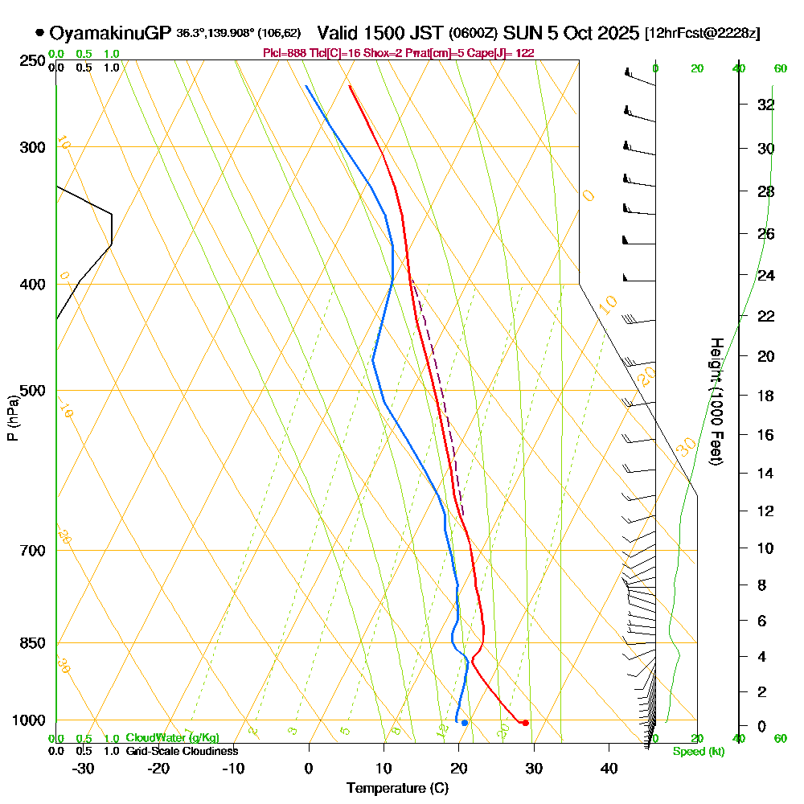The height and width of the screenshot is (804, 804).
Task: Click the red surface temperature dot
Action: (525, 723)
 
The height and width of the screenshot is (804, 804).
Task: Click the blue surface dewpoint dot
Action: (464, 723)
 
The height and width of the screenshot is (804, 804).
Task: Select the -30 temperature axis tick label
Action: (84, 768)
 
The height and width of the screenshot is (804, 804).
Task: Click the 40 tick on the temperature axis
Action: (609, 768)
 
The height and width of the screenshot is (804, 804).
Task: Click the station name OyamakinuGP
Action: (110, 34)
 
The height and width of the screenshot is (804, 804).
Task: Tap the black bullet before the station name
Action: (39, 34)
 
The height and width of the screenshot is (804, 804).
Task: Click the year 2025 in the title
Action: (615, 34)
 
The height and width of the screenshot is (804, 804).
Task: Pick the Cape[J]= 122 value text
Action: (507, 53)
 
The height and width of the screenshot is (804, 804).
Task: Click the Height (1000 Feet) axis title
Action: (715, 401)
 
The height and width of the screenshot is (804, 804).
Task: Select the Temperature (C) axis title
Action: (397, 789)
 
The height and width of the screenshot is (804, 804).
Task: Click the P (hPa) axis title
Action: (12, 418)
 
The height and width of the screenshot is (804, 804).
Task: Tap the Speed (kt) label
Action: (696, 752)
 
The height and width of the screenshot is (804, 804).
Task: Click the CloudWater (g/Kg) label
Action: (172, 738)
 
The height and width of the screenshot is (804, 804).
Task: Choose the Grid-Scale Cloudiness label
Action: (181, 751)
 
